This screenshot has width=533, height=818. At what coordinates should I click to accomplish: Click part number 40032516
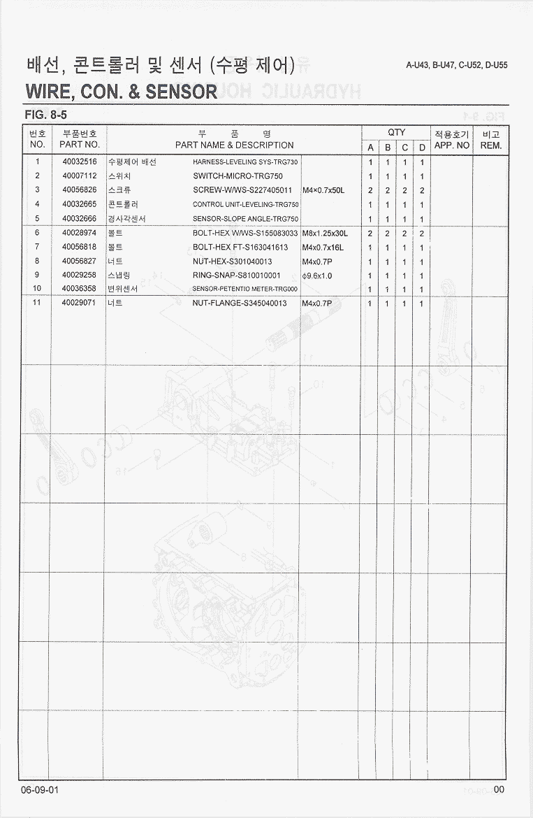(x=79, y=162)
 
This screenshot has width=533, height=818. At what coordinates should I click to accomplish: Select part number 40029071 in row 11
(x=79, y=303)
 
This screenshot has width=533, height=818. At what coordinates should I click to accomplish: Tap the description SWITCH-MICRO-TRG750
(x=238, y=176)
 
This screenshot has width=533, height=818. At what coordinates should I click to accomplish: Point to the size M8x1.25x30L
(x=325, y=233)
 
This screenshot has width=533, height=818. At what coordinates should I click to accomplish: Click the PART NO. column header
(x=79, y=145)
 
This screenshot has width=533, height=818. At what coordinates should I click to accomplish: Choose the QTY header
(x=396, y=132)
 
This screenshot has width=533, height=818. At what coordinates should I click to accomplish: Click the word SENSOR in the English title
(x=180, y=92)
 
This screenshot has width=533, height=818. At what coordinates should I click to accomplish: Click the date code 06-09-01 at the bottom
(x=41, y=789)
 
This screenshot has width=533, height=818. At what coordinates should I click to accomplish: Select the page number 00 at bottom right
(x=498, y=789)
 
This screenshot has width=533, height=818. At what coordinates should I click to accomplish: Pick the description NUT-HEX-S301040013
(x=233, y=261)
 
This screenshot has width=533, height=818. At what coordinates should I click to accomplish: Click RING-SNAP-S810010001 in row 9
(x=236, y=275)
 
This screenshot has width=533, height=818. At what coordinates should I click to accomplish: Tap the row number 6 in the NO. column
(x=37, y=233)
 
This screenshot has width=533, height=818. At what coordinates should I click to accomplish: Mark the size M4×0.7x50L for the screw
(x=323, y=190)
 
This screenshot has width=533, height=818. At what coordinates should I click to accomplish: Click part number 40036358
(x=79, y=288)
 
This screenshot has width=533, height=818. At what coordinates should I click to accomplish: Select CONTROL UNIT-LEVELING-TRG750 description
(x=245, y=205)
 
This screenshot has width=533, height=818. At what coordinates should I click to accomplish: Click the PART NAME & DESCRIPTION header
(x=234, y=145)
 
